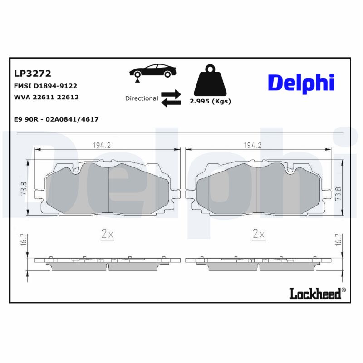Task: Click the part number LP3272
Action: (x=33, y=73)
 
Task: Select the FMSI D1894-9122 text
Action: (x=46, y=85)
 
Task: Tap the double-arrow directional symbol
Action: (x=171, y=98)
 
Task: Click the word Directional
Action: (x=142, y=98)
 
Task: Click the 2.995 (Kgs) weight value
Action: (x=210, y=101)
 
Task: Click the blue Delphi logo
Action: (x=301, y=83)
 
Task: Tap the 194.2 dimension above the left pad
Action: (x=102, y=145)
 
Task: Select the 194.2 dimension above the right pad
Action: (x=253, y=145)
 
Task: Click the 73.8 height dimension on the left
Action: (x=24, y=188)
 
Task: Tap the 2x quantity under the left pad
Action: (x=107, y=234)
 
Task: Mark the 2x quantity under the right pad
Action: (x=258, y=234)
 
